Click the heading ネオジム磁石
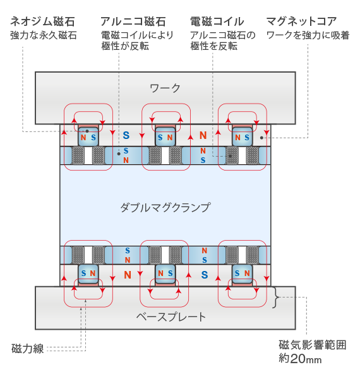pos(42,21)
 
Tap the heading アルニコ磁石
pos(133,21)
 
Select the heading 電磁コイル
pos(217,21)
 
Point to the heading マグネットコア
pos(301,21)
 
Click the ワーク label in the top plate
pos(165,88)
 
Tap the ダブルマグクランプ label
pos(165,208)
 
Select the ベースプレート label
pos(171,317)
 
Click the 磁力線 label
pos(28,349)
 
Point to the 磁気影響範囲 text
pos(313,345)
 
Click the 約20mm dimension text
pos(300,359)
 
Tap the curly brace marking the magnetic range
pos(275,298)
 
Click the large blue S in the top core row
pos(126,135)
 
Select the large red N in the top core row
pos(203,135)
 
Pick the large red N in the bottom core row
pos(128,275)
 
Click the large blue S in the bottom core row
pos(205,275)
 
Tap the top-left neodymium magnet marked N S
pos(88,136)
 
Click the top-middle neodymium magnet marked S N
pos(165,136)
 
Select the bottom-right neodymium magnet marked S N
pos(242,274)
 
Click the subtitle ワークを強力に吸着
pos(308,35)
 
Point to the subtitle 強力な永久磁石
pos(44,35)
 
